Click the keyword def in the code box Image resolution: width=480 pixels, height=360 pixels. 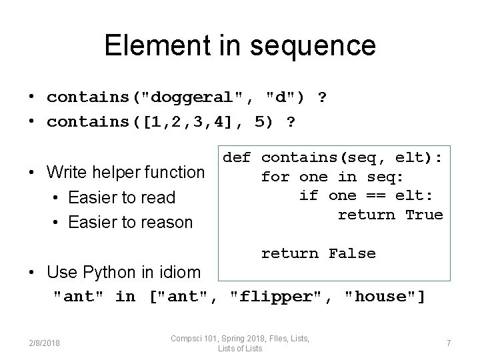[x=237, y=158]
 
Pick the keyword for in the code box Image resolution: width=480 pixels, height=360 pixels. [x=275, y=177]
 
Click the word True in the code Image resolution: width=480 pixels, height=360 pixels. [x=424, y=215]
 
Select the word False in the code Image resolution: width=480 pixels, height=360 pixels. [x=352, y=253]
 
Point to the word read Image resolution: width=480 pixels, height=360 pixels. [x=157, y=197]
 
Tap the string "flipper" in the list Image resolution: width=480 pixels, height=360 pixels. [x=280, y=296]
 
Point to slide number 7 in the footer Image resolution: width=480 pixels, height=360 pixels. [x=449, y=343]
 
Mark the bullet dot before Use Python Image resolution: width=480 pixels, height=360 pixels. [x=32, y=272]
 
